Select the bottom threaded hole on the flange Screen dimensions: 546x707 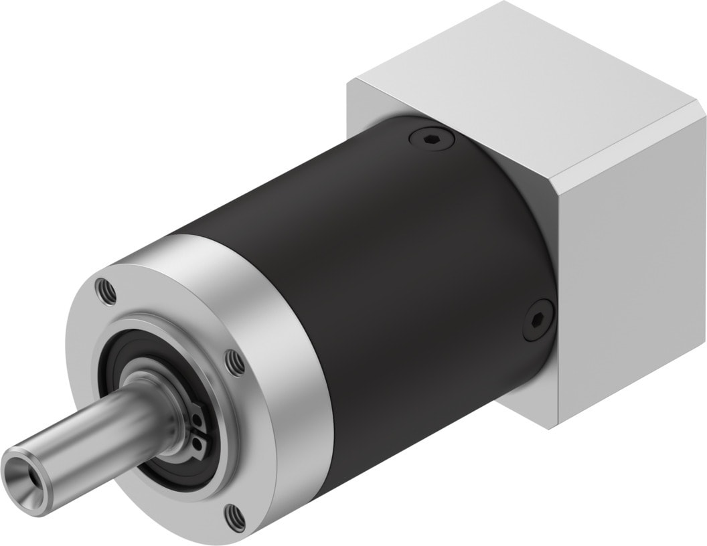pos(234,515)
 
